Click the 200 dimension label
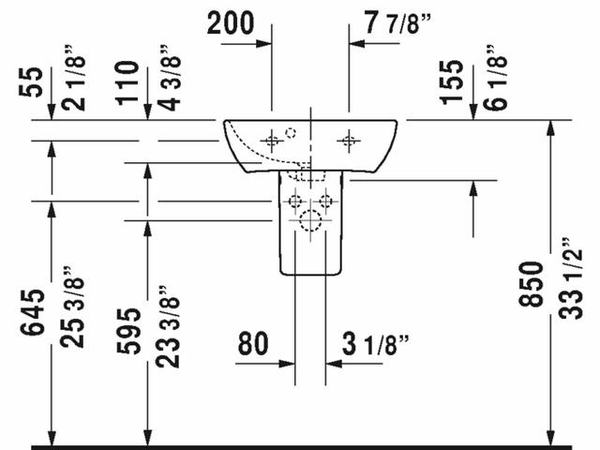[x=231, y=23]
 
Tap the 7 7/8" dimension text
[x=397, y=23]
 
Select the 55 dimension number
[x=31, y=82]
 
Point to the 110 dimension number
[x=127, y=82]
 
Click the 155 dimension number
[x=452, y=82]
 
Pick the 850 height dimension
[x=531, y=284]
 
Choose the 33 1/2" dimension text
[x=570, y=278]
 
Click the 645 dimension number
[x=32, y=312]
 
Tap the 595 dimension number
[x=128, y=331]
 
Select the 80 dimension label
[x=253, y=343]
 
